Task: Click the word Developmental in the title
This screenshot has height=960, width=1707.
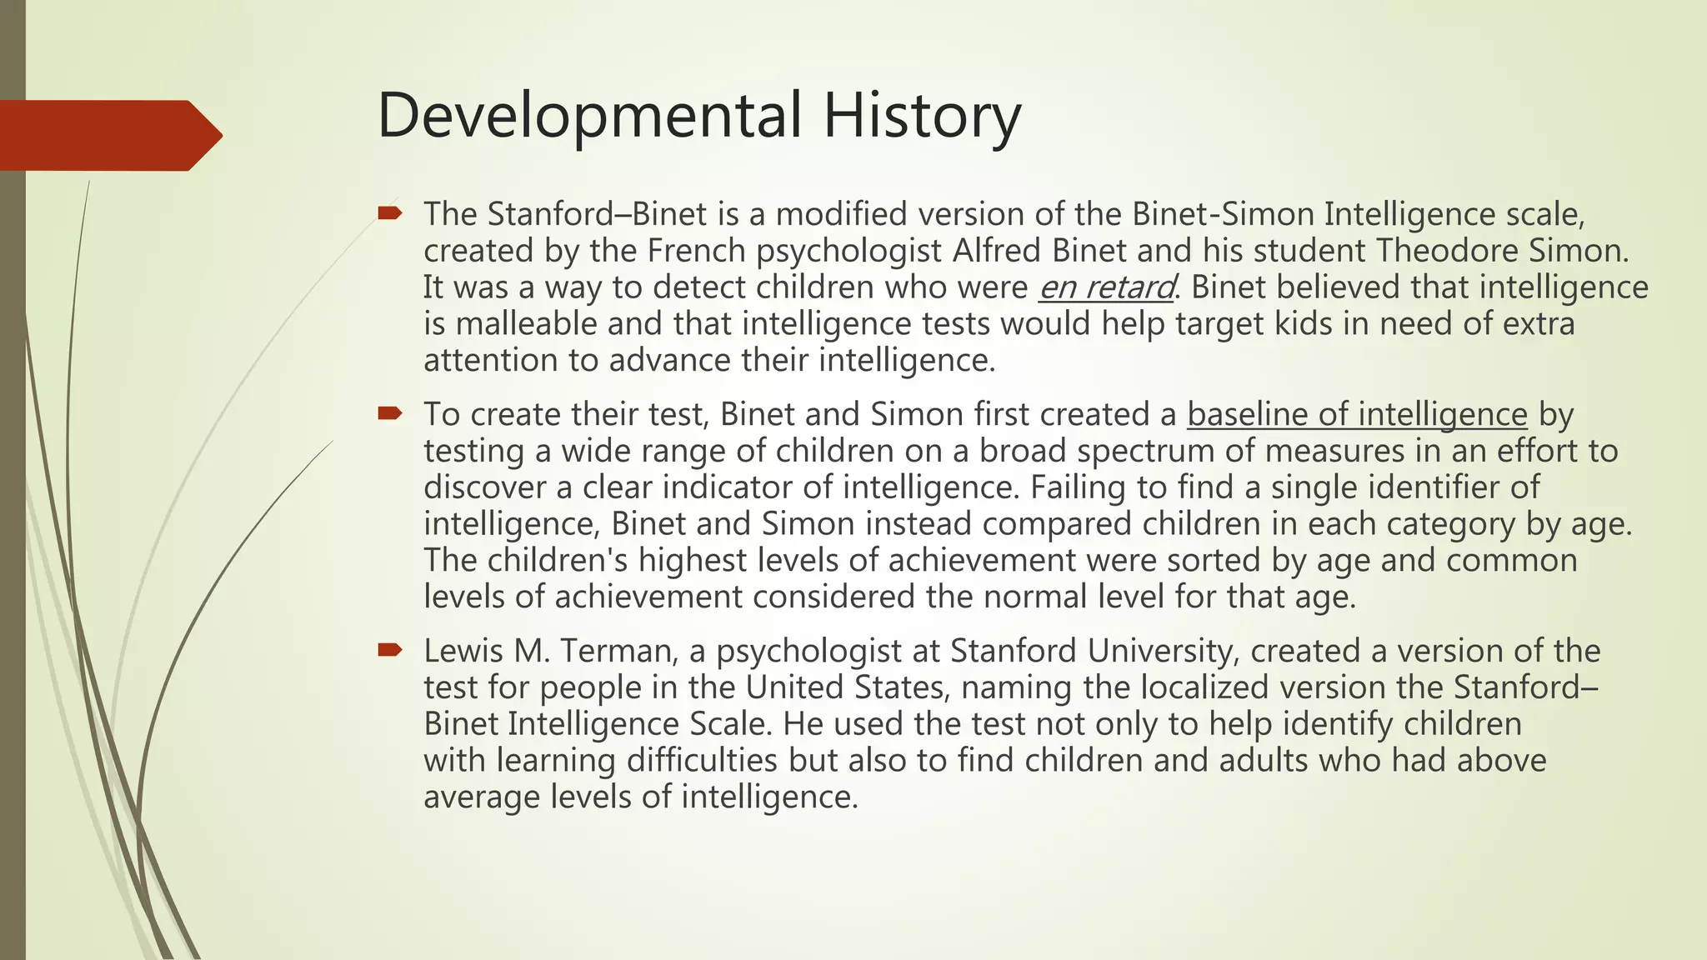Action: [588, 117]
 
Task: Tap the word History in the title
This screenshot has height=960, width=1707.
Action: [922, 117]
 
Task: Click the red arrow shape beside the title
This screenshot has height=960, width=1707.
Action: [111, 136]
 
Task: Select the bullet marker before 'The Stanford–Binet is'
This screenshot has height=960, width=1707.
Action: [389, 214]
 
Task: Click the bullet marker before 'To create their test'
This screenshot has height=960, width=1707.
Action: [389, 414]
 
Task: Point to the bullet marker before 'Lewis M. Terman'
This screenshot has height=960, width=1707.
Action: [389, 651]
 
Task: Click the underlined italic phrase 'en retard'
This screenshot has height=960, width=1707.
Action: [1105, 287]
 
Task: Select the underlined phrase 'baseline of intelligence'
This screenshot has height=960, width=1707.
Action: [1357, 414]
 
